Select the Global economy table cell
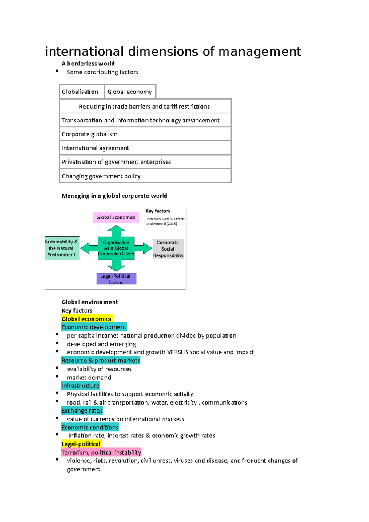click(130, 92)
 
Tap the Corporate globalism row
click(145, 134)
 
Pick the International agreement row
click(145, 148)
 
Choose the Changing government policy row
click(145, 176)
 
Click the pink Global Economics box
click(116, 217)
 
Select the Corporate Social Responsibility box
click(168, 249)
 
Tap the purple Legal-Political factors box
click(116, 279)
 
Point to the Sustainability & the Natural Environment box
click(61, 248)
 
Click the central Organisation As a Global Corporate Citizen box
click(116, 248)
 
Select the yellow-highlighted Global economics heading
click(87, 319)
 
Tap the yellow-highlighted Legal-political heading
click(81, 444)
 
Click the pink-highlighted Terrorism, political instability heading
click(101, 452)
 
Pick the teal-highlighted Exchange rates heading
click(82, 410)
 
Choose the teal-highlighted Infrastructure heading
click(80, 386)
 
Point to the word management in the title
click(260, 52)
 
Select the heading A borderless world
click(88, 64)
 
